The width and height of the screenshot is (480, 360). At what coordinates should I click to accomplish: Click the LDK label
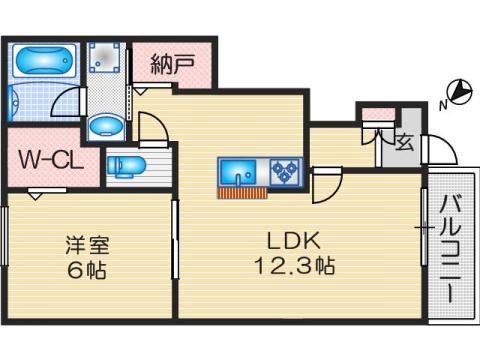pyautogui.click(x=291, y=241)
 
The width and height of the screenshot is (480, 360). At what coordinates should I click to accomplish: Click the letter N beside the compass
pyautogui.click(x=443, y=102)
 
